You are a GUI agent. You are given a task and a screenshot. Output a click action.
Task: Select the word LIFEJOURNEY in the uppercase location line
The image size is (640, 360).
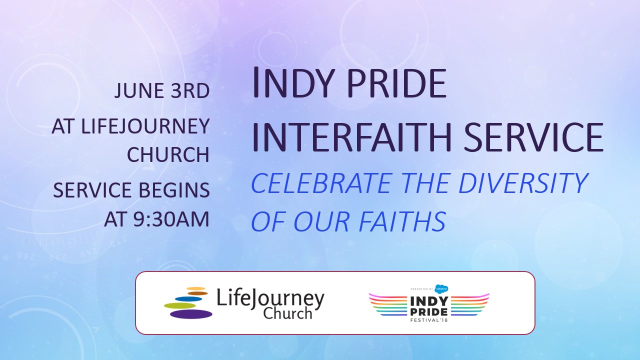coord(145,126)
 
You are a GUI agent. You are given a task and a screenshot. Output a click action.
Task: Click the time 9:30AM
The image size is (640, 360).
coord(171,219)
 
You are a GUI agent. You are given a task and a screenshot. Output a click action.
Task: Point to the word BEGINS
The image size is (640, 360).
coord(174,190)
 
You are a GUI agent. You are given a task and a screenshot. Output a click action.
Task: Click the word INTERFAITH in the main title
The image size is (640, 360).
coord(351,137)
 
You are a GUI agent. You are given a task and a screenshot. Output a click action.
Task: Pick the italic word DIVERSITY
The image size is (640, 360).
coord(523,183)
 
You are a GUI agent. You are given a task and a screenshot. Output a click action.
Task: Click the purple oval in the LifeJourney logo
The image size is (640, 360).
coord(191,314)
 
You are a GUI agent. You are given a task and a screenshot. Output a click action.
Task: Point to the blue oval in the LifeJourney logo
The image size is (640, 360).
coord(188,299)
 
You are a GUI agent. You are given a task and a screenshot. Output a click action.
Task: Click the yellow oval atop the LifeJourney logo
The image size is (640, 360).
coord(196,288)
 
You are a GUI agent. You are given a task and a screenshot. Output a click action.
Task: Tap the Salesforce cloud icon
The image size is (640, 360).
coord(441,289)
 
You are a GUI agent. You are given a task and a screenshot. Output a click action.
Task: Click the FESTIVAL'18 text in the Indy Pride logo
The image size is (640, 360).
coord(429,320)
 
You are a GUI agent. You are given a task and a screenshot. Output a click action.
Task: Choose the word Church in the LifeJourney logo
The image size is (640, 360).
coord(287,313)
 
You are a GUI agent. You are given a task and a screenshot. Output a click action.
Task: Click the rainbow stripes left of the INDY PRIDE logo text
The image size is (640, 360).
coord(388,304)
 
